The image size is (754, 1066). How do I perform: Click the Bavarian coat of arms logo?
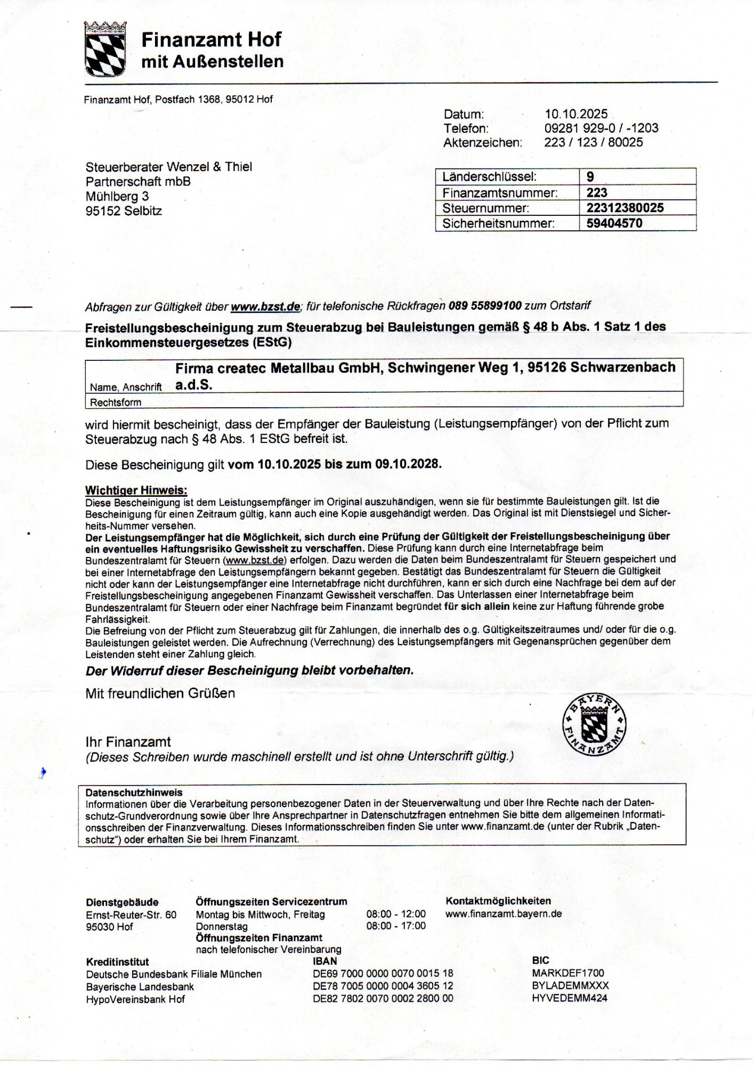pyautogui.click(x=106, y=49)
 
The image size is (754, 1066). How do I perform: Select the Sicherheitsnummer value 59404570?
pyautogui.click(x=614, y=223)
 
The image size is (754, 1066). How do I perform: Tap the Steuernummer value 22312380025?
pyautogui.click(x=625, y=208)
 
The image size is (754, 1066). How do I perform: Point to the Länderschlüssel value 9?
pyautogui.click(x=590, y=177)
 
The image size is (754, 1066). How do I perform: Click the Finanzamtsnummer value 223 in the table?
pyautogui.click(x=597, y=192)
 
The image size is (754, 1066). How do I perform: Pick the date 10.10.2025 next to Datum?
pyautogui.click(x=576, y=114)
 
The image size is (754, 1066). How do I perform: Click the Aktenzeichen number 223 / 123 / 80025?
pyautogui.click(x=594, y=142)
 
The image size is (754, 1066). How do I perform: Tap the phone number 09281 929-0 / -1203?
pyautogui.click(x=601, y=128)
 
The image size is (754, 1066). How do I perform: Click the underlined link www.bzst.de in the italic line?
pyautogui.click(x=265, y=306)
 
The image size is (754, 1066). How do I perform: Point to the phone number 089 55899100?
pyautogui.click(x=485, y=306)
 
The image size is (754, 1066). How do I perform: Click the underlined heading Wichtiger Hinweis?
pyautogui.click(x=136, y=490)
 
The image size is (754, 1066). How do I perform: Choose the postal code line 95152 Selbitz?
pyautogui.click(x=124, y=211)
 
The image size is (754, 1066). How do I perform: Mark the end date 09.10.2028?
pyautogui.click(x=408, y=464)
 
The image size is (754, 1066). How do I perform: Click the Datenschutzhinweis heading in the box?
pyautogui.click(x=134, y=793)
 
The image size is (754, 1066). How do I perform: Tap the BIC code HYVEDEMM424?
pyautogui.click(x=570, y=998)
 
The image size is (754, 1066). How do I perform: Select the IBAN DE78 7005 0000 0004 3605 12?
pyautogui.click(x=383, y=986)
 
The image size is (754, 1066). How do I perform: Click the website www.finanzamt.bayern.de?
pyautogui.click(x=504, y=914)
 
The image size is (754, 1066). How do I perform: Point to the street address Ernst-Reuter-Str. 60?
pyautogui.click(x=131, y=915)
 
